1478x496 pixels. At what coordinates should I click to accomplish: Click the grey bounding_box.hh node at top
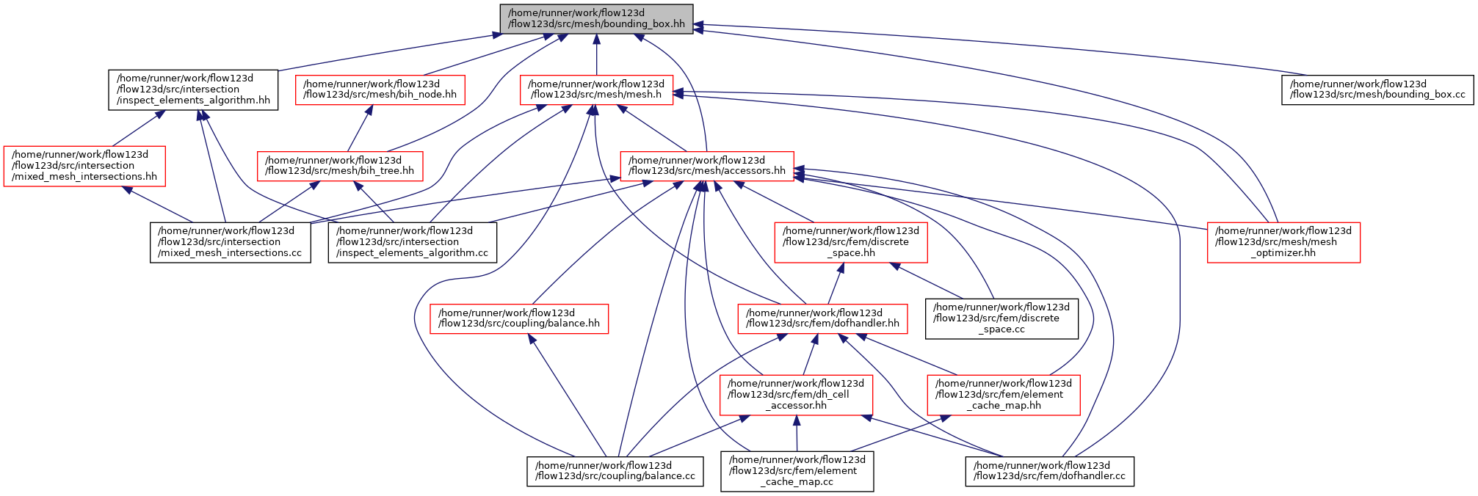pyautogui.click(x=596, y=18)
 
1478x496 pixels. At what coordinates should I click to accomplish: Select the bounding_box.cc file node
pyautogui.click(x=1377, y=90)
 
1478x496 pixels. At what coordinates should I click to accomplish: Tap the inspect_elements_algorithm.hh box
pyautogui.click(x=193, y=90)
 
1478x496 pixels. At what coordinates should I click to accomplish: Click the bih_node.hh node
pyautogui.click(x=380, y=90)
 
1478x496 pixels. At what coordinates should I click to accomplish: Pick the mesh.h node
pyautogui.click(x=596, y=90)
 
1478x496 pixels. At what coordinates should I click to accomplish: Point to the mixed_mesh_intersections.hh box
pyautogui.click(x=84, y=166)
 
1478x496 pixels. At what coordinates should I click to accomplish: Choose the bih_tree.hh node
pyautogui.click(x=340, y=166)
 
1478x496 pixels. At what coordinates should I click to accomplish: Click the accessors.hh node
pyautogui.click(x=707, y=166)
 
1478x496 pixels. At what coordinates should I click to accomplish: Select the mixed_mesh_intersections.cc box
pyautogui.click(x=231, y=242)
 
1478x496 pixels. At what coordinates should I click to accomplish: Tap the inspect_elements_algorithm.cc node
pyautogui.click(x=412, y=242)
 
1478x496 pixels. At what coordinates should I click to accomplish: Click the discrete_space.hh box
pyautogui.click(x=851, y=242)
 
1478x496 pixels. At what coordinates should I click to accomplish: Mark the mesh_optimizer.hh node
pyautogui.click(x=1283, y=242)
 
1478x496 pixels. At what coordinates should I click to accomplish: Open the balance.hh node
pyautogui.click(x=519, y=318)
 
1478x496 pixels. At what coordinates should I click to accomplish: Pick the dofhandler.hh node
pyautogui.click(x=822, y=318)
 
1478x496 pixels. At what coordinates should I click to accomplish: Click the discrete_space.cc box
pyautogui.click(x=1001, y=318)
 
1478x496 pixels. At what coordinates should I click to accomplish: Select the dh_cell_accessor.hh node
pyautogui.click(x=796, y=395)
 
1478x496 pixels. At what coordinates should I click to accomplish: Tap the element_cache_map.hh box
pyautogui.click(x=1004, y=395)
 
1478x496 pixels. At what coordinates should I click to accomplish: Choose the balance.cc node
pyautogui.click(x=615, y=471)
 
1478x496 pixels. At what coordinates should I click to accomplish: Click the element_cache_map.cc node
pyautogui.click(x=797, y=471)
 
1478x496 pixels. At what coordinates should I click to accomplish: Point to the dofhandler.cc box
pyautogui.click(x=1050, y=471)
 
